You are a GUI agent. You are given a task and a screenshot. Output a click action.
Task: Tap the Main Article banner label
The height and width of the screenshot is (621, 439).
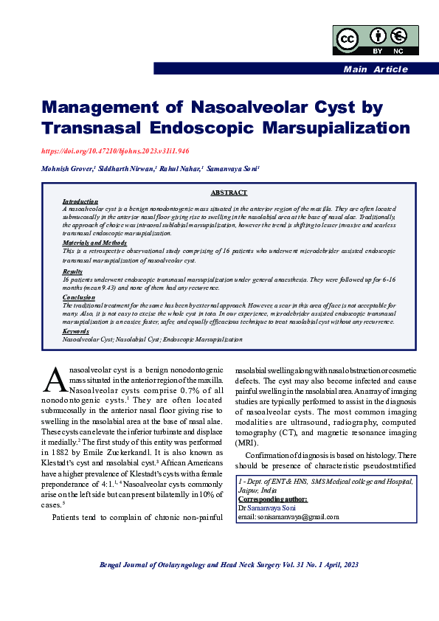[x=375, y=69]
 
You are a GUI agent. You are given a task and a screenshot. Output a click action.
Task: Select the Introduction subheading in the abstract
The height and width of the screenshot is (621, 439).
[x=80, y=201]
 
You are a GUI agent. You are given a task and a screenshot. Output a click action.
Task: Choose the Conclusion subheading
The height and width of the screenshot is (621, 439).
[x=78, y=296]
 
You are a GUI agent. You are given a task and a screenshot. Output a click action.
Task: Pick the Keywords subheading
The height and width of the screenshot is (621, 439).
[x=77, y=333]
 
